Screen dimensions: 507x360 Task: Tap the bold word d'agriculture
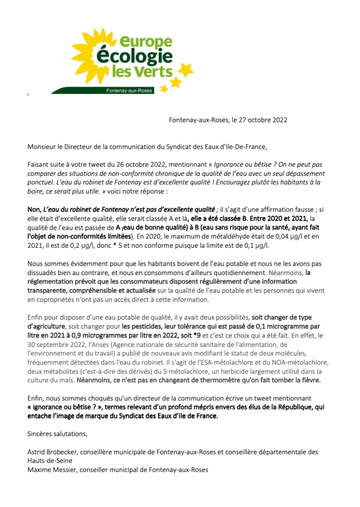tap(46, 326)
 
